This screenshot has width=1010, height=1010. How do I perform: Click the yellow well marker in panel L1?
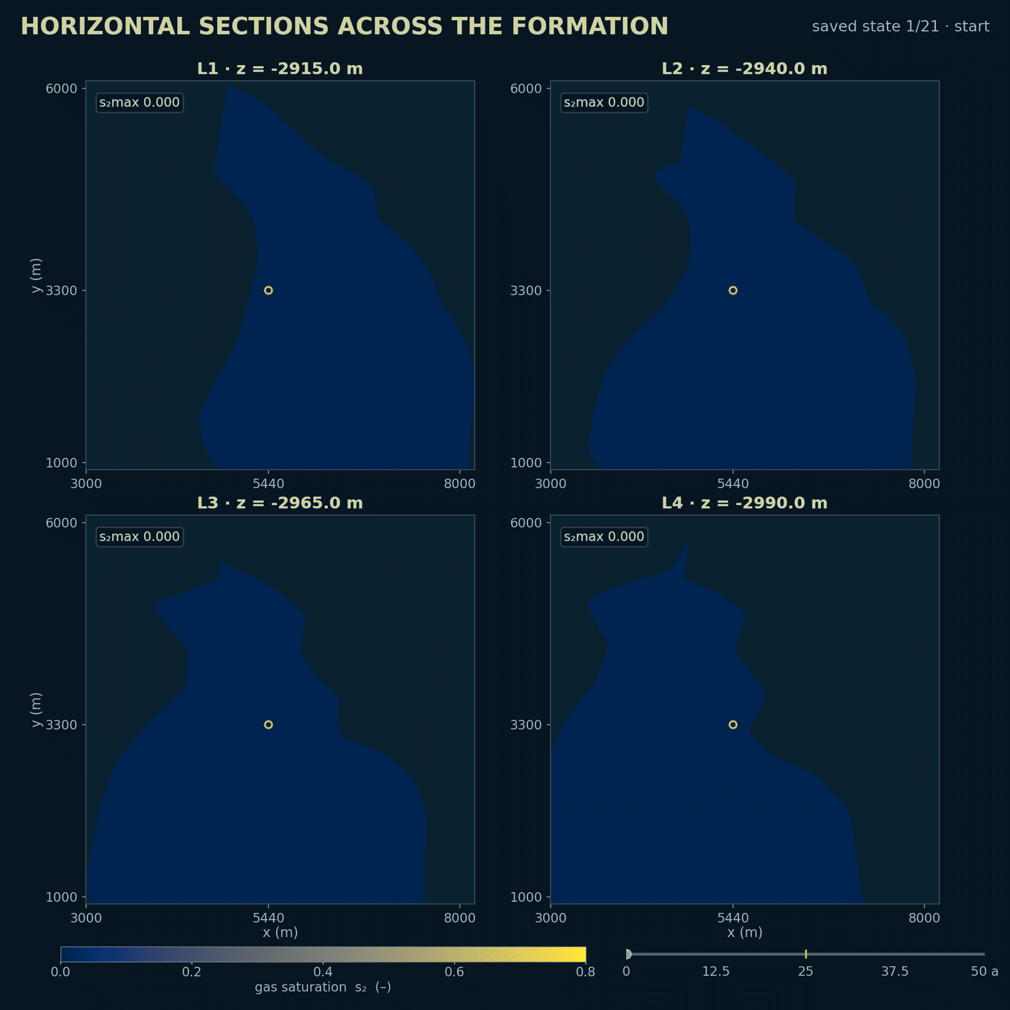pos(268,290)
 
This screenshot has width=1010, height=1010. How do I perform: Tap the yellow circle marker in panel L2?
pos(733,290)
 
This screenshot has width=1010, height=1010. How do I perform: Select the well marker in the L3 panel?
pos(268,724)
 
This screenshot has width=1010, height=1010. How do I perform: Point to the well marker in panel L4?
pos(733,724)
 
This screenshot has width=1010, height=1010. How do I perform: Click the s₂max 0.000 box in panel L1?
pos(140,103)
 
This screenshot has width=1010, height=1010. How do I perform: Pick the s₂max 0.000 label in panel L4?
pos(604,537)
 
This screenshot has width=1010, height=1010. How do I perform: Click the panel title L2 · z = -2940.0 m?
pos(745,68)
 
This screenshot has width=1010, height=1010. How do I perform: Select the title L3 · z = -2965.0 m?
pos(280,503)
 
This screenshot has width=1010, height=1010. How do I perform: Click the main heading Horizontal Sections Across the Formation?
pos(345,26)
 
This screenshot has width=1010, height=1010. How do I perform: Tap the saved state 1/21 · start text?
pos(901,26)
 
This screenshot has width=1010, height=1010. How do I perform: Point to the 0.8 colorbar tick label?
pos(586,971)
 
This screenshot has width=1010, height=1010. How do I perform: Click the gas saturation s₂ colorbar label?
pos(323,987)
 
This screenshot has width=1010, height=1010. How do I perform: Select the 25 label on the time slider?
pos(806,971)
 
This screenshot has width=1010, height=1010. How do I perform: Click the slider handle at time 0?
pos(628,954)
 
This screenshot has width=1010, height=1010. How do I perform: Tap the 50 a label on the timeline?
pos(985,971)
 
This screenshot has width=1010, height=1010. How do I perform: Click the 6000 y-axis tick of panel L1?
pos(61,88)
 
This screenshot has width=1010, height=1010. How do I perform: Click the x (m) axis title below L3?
pos(280,932)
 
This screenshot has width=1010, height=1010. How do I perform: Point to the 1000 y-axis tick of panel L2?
pos(526,463)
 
